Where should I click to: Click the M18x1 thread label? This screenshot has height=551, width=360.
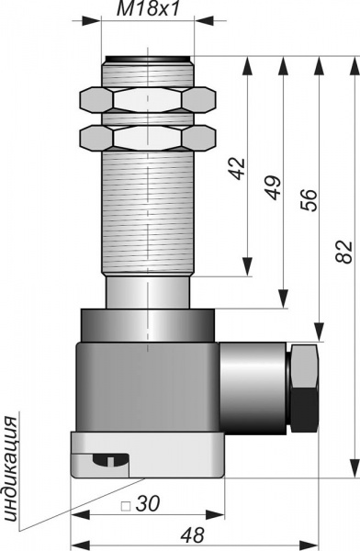(x=148, y=9)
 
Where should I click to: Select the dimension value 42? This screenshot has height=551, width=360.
(x=238, y=169)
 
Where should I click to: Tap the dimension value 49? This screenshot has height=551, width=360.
(x=274, y=187)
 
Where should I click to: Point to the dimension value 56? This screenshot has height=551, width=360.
(x=309, y=199)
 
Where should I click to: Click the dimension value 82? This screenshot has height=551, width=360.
(x=343, y=252)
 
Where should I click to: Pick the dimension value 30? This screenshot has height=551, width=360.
(x=148, y=503)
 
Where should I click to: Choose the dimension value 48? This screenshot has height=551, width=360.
(x=192, y=535)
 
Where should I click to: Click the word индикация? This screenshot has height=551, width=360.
(x=10, y=469)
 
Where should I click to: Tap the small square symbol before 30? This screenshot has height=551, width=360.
(x=126, y=506)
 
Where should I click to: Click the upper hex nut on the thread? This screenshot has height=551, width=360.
(x=148, y=100)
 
